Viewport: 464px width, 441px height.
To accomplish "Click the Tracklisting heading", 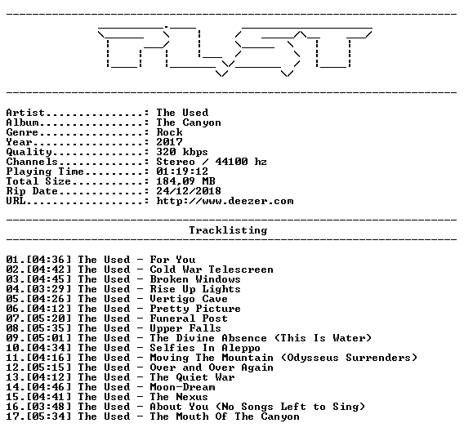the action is [x=228, y=230].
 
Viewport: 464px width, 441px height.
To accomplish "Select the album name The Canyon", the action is [x=189, y=122].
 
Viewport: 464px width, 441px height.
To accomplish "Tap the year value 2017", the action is [x=169, y=142].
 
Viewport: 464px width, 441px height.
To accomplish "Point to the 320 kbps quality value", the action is [x=182, y=152].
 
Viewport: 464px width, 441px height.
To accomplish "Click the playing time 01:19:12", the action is [x=182, y=171].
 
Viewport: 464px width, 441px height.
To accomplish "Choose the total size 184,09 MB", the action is [x=185, y=181].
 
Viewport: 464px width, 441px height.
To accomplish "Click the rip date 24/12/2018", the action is [x=189, y=191].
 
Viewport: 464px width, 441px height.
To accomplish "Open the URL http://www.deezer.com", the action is [x=225, y=201].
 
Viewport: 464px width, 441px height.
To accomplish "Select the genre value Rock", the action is [x=169, y=132].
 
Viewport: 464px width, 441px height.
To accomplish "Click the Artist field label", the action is [x=25, y=113].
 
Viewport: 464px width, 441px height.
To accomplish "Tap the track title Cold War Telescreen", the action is [x=212, y=269].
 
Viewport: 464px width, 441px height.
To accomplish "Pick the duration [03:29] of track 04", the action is [x=49, y=289].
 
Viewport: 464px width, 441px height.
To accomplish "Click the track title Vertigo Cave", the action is [x=189, y=299].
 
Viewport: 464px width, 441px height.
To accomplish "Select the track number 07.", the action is [x=12, y=318].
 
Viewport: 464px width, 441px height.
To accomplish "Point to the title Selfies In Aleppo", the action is [x=205, y=348].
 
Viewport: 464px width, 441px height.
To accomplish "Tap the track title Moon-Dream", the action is [x=182, y=387].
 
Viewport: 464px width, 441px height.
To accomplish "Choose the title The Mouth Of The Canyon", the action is [x=225, y=416].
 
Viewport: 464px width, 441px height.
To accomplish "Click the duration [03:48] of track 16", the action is [x=49, y=407].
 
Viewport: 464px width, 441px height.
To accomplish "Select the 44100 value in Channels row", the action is [x=231, y=162].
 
